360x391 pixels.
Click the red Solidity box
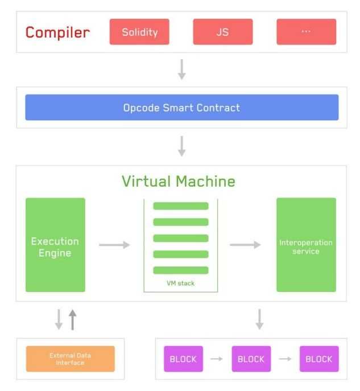[139, 32]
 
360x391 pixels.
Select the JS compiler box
[222, 32]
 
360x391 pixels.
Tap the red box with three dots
[306, 32]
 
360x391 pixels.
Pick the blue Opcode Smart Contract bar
[181, 107]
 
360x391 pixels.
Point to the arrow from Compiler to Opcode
[181, 69]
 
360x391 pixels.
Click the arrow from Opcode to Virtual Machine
[181, 145]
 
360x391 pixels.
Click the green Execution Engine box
[55, 245]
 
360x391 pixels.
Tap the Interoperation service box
[306, 245]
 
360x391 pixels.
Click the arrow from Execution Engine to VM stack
[114, 245]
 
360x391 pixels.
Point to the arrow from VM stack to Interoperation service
[245, 245]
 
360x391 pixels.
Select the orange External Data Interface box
[70, 359]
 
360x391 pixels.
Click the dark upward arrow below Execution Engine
[72, 319]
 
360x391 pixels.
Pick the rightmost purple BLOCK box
[318, 359]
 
